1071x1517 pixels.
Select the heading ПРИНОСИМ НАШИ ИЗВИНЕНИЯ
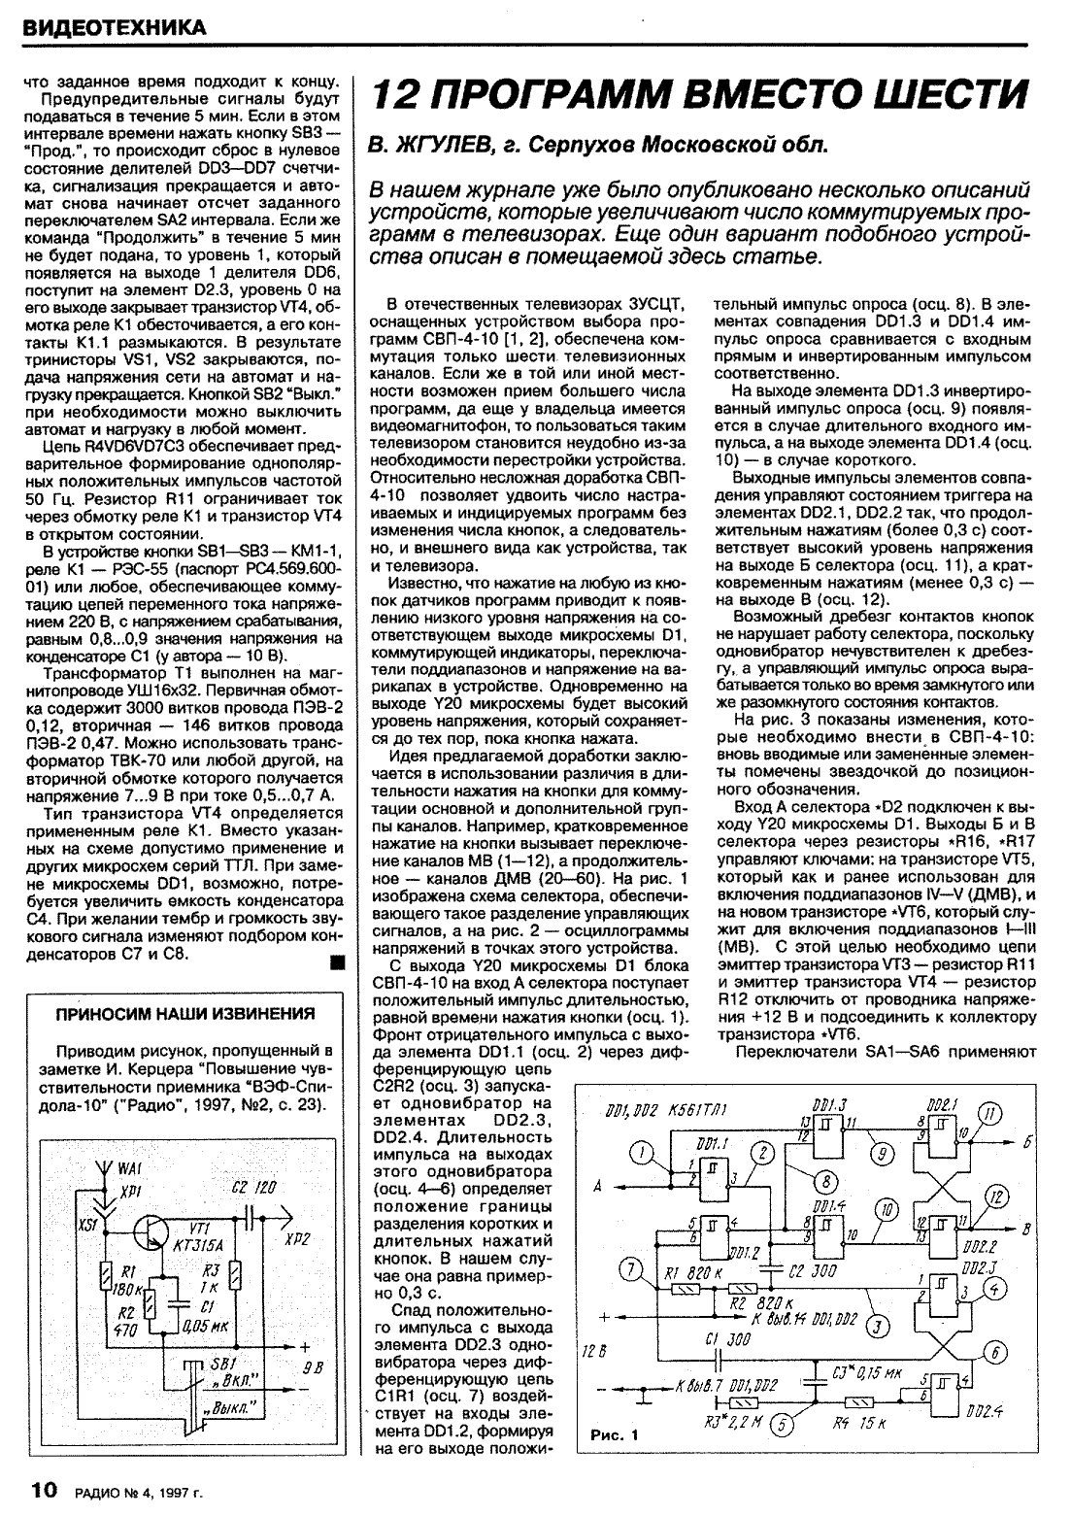tap(184, 1014)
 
